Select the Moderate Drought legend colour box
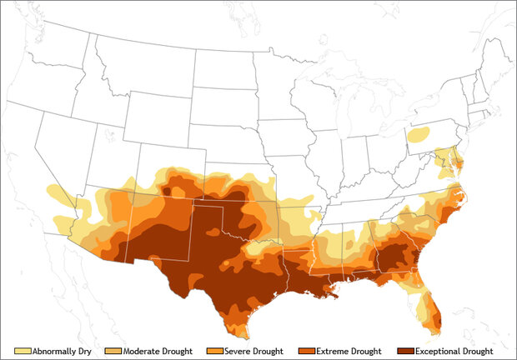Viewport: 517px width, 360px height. click(x=118, y=351)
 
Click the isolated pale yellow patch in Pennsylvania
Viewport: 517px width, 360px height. click(x=420, y=133)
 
